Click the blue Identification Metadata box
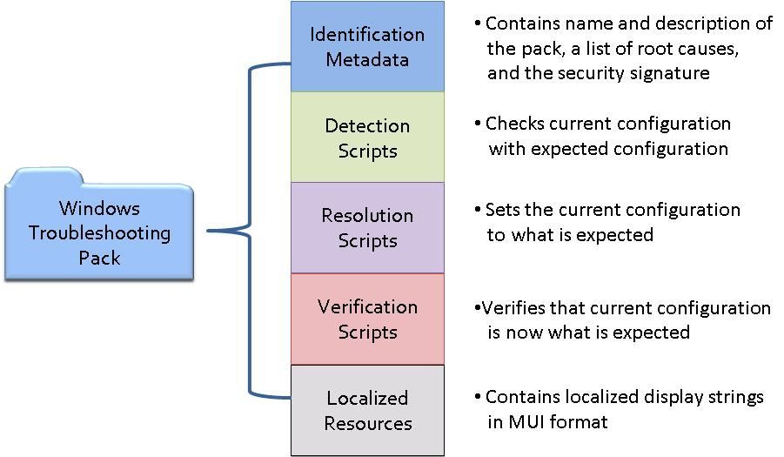tap(367, 46)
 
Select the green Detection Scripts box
tap(367, 137)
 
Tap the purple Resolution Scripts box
tap(367, 228)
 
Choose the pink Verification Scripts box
tap(367, 319)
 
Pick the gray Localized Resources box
tap(367, 411)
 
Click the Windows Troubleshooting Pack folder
tap(99, 225)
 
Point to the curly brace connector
tap(250, 231)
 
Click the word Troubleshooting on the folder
tap(99, 233)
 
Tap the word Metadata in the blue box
tap(367, 60)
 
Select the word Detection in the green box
tap(367, 125)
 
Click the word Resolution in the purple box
tap(367, 216)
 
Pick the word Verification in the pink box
tap(367, 306)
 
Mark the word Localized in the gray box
tap(367, 398)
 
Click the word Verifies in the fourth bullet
tap(513, 308)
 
